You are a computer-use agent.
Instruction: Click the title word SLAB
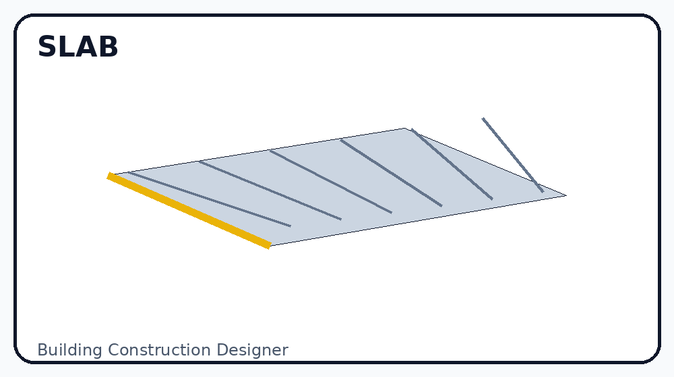click(78, 46)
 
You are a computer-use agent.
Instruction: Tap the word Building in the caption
click(69, 350)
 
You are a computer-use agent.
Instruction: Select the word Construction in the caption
click(159, 350)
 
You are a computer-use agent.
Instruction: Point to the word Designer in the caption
click(252, 350)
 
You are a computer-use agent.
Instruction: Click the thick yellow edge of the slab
click(189, 211)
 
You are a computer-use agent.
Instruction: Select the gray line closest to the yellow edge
click(210, 199)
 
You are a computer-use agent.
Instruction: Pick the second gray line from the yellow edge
click(270, 191)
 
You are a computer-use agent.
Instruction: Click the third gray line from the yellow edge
click(330, 181)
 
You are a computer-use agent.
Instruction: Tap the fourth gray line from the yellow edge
click(391, 172)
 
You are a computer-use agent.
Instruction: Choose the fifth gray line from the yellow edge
click(452, 164)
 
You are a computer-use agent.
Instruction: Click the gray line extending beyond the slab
click(513, 155)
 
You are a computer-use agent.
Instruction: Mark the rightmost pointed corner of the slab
click(566, 195)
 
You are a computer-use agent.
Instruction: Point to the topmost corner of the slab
click(405, 128)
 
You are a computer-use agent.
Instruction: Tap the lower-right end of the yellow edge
click(270, 246)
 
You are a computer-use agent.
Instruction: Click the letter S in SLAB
click(47, 46)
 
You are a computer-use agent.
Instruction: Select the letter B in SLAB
click(109, 46)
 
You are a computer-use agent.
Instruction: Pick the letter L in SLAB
click(67, 46)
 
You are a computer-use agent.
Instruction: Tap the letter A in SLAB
click(87, 46)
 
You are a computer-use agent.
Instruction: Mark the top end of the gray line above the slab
click(483, 118)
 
